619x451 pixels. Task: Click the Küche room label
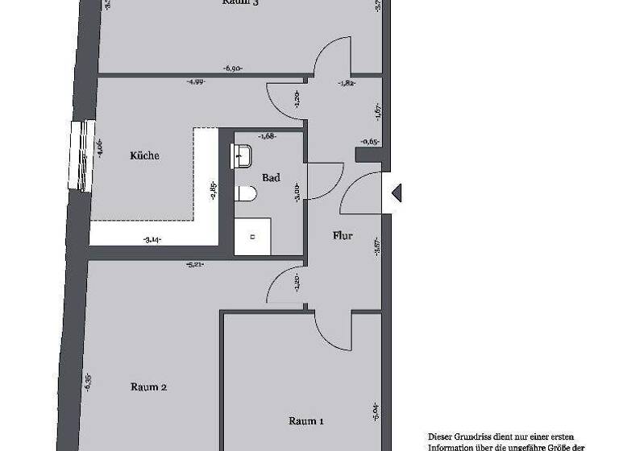point(145,155)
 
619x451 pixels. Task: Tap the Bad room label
point(271,177)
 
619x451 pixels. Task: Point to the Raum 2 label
point(148,387)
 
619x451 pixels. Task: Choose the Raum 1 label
point(306,420)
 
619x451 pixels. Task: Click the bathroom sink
point(242,155)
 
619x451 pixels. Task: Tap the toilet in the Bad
point(247,194)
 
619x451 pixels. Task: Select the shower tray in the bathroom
point(252,237)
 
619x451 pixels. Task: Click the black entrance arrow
point(396,192)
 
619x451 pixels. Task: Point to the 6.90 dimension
point(235,68)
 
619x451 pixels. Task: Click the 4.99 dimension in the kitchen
point(195,81)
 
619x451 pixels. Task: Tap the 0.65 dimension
point(370,142)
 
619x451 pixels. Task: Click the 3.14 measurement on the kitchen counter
point(152,239)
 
